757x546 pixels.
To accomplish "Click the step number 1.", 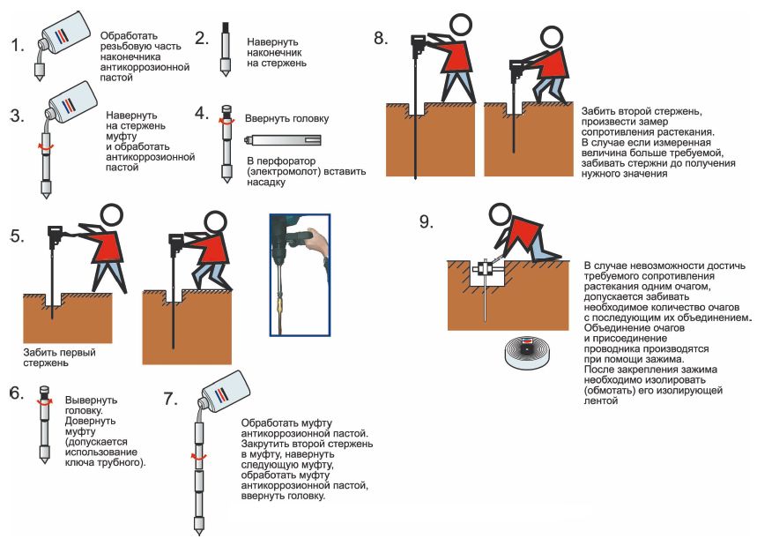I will click(x=17, y=45).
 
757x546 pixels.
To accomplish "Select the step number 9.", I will click(x=427, y=221).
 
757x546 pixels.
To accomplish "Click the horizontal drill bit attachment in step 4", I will click(x=284, y=139).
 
